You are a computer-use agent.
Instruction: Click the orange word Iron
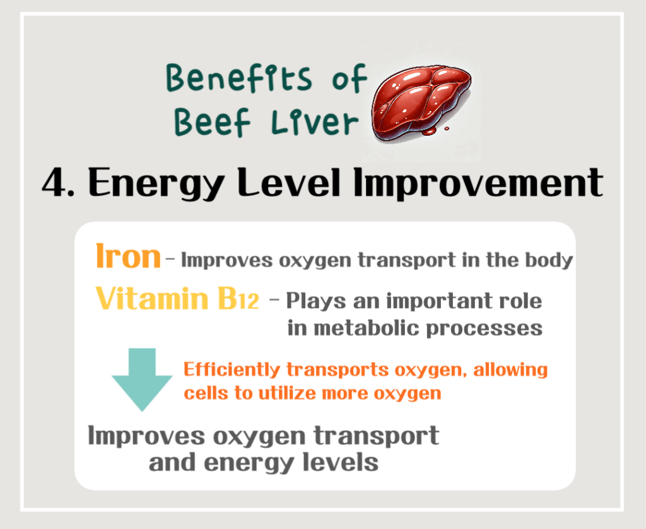[128, 257]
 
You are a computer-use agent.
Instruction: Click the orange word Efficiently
[233, 369]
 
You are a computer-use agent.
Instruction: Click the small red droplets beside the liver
[432, 131]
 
